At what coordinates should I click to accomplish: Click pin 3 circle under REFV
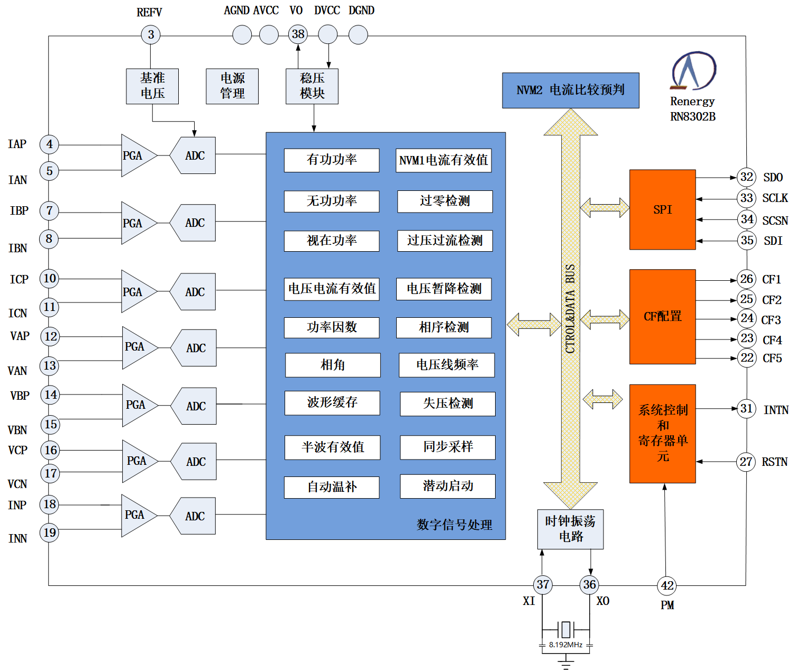[151, 35]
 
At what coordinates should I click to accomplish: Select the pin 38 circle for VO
[298, 34]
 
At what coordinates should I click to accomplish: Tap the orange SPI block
[662, 209]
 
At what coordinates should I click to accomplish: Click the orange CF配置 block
[662, 316]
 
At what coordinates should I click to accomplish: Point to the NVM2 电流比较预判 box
[570, 90]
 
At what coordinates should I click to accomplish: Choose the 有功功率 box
[332, 160]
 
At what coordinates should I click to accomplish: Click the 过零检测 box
[445, 201]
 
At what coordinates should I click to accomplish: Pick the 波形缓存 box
[332, 402]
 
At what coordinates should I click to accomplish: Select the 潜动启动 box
[447, 486]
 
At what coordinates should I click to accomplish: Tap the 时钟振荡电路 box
[570, 529]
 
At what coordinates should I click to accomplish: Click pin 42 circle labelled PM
[667, 585]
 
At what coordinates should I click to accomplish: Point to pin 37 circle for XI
[543, 584]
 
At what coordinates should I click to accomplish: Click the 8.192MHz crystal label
[565, 645]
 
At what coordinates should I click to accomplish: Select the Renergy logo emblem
[693, 70]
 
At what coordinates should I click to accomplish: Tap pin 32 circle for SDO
[746, 177]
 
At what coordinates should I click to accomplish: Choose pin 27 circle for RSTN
[746, 462]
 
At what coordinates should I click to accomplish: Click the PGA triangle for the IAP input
[136, 155]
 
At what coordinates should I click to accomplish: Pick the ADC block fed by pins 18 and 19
[194, 516]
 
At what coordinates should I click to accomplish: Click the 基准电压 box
[152, 86]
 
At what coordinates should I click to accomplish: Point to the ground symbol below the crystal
[565, 661]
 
